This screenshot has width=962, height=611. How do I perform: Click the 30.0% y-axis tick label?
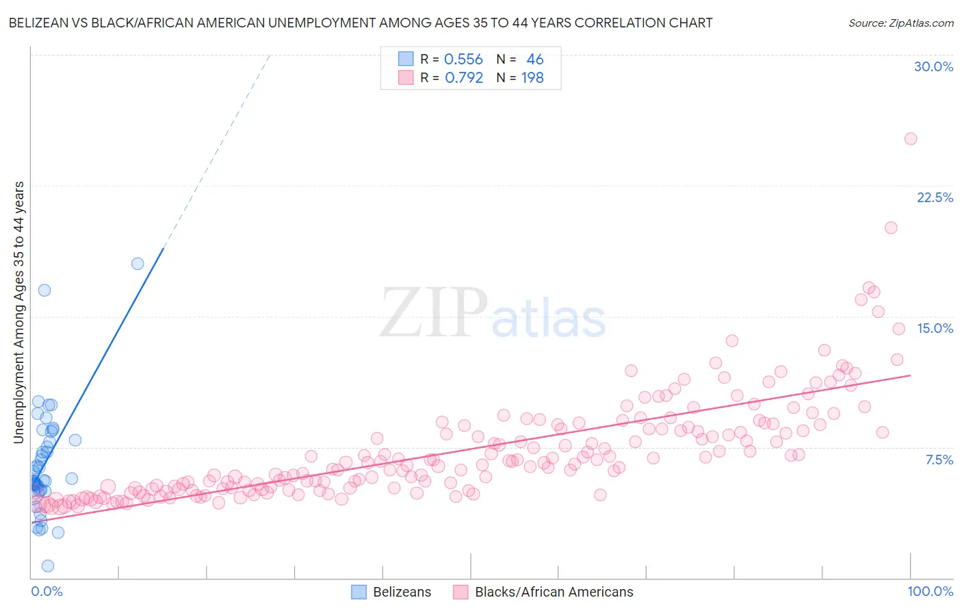(x=933, y=66)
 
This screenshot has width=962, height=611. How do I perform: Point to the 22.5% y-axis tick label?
(x=935, y=197)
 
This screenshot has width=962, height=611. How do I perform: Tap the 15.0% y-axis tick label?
(x=935, y=328)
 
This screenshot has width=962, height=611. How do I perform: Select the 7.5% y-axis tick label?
(x=939, y=460)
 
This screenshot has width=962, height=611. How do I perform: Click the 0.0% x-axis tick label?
(x=47, y=591)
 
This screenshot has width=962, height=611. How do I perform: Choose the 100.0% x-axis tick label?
(x=930, y=591)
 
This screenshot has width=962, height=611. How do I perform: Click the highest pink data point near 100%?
(x=911, y=138)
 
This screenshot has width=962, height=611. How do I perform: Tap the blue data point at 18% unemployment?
(x=138, y=264)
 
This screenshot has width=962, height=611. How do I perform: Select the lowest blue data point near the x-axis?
(x=48, y=566)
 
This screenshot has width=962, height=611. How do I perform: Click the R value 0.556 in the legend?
(x=463, y=60)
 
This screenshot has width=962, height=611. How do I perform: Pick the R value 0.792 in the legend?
(x=464, y=78)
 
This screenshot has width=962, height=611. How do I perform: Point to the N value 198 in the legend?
(x=532, y=78)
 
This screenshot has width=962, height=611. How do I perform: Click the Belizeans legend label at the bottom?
(x=402, y=592)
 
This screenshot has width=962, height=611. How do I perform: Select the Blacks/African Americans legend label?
(x=554, y=592)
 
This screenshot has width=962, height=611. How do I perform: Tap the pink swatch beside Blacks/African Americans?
(x=460, y=592)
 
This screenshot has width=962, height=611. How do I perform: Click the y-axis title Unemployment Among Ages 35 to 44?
(x=19, y=312)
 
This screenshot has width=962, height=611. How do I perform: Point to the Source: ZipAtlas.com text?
(x=900, y=23)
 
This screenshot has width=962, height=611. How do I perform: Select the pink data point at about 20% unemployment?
(x=891, y=227)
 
